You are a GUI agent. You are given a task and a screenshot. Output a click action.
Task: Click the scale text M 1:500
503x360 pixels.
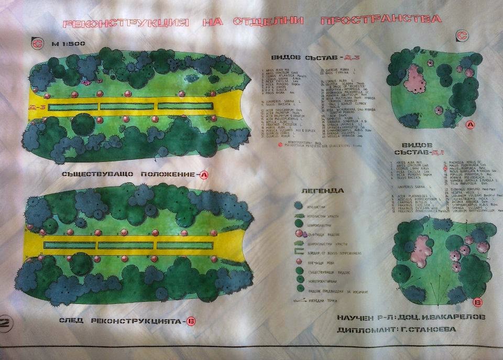pos(63,44)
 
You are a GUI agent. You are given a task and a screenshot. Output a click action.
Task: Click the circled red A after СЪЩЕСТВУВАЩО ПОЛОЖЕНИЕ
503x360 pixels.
pos(204,174)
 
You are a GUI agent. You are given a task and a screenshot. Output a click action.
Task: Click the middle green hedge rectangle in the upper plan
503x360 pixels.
pos(127,106)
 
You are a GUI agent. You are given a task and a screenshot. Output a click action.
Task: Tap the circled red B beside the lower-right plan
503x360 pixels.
pos(477,302)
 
